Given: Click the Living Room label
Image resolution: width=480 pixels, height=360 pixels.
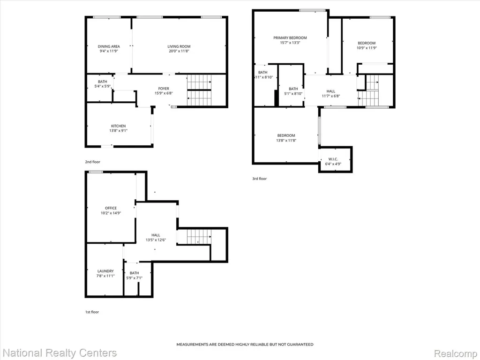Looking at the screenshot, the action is [x=179, y=46].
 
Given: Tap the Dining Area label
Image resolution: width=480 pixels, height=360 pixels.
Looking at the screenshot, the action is [x=109, y=46].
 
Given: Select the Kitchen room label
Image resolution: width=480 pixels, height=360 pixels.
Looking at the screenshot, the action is [x=118, y=126].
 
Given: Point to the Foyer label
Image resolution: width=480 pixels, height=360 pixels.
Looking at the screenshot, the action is [x=164, y=89].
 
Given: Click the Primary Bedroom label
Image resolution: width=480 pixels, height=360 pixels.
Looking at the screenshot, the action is [x=290, y=38].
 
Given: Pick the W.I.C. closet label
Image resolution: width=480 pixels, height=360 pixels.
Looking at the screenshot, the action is [x=333, y=159].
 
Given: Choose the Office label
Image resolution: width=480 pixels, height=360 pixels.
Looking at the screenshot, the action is [x=111, y=208].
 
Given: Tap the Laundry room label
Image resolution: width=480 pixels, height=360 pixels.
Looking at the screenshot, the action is [x=105, y=271].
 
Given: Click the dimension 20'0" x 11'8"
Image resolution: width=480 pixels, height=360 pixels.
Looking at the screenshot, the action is [x=179, y=51].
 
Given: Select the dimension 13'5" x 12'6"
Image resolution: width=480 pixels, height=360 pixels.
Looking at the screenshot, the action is [x=156, y=240].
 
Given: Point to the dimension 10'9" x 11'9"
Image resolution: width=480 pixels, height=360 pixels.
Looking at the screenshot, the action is [x=367, y=48].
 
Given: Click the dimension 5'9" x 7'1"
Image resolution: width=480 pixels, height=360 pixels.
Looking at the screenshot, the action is [x=135, y=278].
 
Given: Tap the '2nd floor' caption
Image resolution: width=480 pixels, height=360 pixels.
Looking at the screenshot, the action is [x=92, y=162].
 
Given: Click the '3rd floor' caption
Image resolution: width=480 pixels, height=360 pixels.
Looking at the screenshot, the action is [x=259, y=179].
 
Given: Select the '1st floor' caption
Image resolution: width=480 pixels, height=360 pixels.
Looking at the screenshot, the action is [x=92, y=312].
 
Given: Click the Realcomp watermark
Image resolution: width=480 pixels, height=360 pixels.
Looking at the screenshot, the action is [x=456, y=353].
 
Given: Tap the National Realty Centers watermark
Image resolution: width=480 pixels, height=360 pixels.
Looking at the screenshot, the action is [x=60, y=353].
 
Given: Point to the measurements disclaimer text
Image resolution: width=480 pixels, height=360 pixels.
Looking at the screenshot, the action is [x=245, y=345].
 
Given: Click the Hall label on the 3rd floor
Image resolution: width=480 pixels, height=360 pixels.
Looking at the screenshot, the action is [x=330, y=91].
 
